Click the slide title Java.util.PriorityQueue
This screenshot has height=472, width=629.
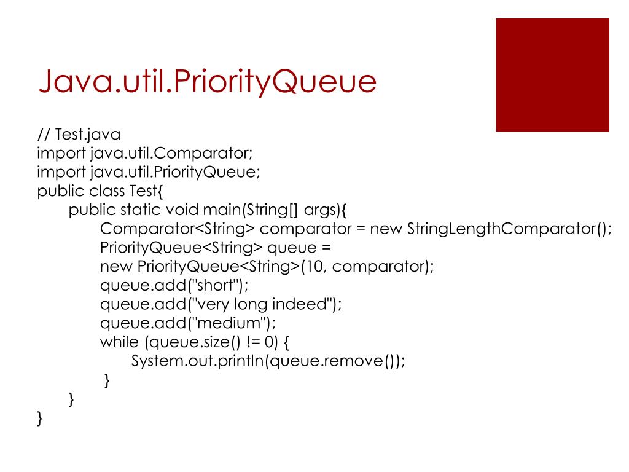pos(206,82)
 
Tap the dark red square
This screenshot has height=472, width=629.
pos(552,75)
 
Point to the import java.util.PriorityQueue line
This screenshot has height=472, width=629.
pos(149,172)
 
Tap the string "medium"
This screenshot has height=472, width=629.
pos(229,323)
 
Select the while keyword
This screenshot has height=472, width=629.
pos(119,342)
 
